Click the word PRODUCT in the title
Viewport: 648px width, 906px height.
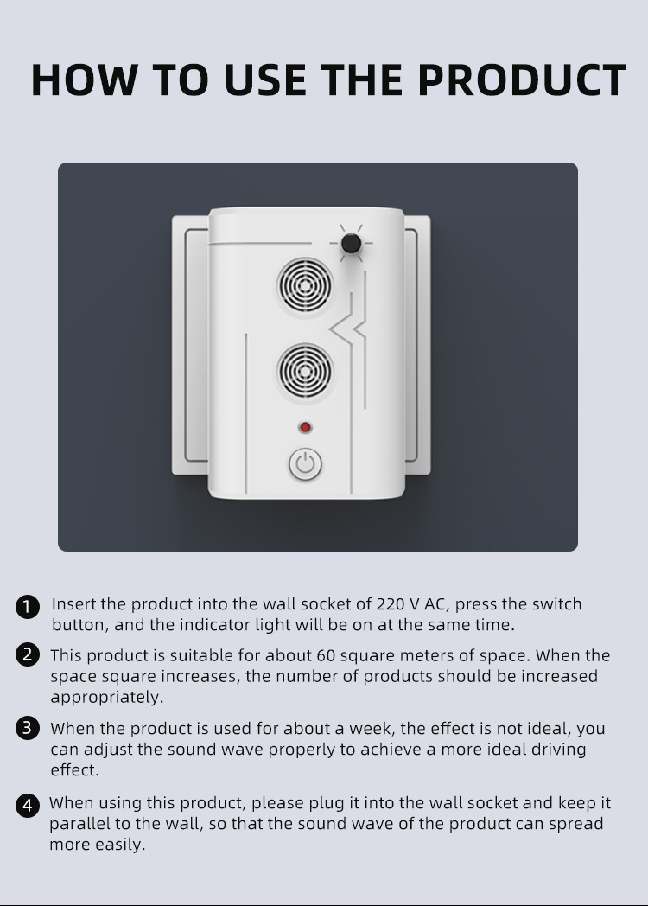tap(522, 80)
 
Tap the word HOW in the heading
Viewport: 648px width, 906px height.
tap(85, 80)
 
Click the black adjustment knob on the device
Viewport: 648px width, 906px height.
tap(351, 243)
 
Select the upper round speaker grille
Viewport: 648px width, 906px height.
tap(305, 285)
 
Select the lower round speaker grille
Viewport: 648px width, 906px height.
tap(305, 372)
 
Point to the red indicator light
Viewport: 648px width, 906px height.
tap(305, 427)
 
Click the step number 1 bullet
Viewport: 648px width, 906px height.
tap(27, 607)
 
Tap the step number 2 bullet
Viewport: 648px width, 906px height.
tap(27, 655)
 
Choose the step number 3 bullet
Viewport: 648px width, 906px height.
tap(27, 728)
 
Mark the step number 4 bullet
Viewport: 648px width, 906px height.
tap(27, 805)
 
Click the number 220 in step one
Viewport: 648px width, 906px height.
tap(390, 603)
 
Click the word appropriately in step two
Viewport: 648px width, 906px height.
tap(107, 698)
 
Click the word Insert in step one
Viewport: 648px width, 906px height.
tap(73, 603)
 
